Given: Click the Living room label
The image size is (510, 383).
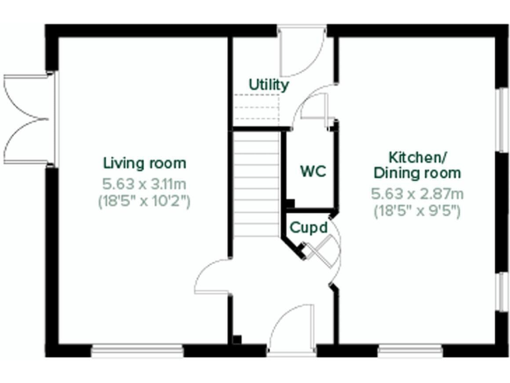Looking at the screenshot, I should pyautogui.click(x=144, y=163).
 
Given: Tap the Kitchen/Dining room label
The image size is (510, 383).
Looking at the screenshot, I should pyautogui.click(x=417, y=166).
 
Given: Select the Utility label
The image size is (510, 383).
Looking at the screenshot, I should pyautogui.click(x=268, y=85).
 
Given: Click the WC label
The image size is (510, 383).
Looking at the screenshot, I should pyautogui.click(x=313, y=171).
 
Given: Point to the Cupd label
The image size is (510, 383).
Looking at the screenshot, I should pyautogui.click(x=308, y=227).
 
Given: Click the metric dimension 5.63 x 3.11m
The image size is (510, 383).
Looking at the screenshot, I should pyautogui.click(x=144, y=184).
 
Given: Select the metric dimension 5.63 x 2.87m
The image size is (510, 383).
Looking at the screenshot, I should pyautogui.click(x=417, y=194).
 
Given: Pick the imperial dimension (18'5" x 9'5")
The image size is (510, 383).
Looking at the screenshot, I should pyautogui.click(x=417, y=211).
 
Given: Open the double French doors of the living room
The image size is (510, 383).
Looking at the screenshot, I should pyautogui.click(x=27, y=120).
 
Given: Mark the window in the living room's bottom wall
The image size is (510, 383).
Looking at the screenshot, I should pyautogui.click(x=137, y=350).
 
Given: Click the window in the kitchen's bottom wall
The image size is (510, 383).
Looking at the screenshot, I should pyautogui.click(x=410, y=350).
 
